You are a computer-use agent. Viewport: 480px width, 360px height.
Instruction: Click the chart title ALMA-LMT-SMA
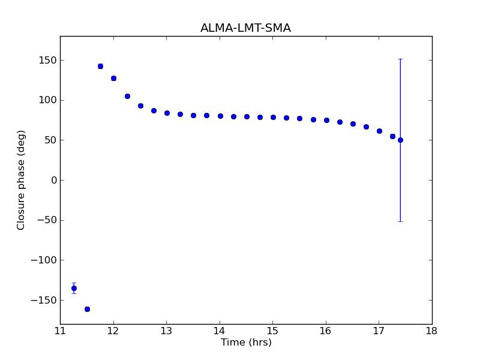pos(245,28)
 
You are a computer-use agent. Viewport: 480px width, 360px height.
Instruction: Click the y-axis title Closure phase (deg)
pos(22,180)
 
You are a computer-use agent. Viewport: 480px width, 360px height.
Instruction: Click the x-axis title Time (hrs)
pos(246,343)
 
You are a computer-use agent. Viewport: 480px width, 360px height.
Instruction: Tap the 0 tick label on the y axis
pos(54,180)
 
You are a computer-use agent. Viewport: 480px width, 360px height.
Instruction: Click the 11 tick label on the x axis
pos(60,331)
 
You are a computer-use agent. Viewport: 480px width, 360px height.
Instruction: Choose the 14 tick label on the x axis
pos(220,331)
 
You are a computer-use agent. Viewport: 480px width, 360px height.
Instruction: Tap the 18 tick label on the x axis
pos(431,331)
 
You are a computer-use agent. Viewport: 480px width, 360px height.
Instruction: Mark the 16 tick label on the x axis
pos(326,331)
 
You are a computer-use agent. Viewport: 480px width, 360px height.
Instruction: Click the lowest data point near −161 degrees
pos(87,309)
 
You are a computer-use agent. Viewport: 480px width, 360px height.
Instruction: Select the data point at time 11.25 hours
pos(74,288)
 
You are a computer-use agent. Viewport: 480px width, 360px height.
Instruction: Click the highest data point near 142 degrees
pos(100,66)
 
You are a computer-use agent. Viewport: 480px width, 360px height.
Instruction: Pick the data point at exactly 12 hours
pos(113,78)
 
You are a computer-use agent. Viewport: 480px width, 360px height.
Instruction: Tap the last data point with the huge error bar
pos(400,140)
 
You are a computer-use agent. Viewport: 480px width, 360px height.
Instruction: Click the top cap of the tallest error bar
pos(400,59)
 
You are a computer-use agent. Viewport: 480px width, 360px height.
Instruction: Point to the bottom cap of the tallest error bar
pos(400,221)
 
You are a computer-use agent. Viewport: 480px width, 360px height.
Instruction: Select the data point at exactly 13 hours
pos(167,113)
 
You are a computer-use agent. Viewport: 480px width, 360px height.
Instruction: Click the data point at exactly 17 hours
pos(379,131)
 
